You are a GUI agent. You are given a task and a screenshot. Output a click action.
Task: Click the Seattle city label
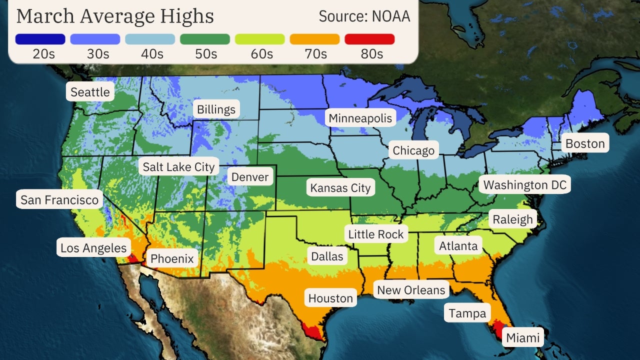pyautogui.click(x=90, y=92)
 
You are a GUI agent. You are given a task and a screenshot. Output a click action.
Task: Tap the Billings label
pyautogui.click(x=216, y=109)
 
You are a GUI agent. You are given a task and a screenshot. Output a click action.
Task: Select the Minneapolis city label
pyautogui.click(x=360, y=118)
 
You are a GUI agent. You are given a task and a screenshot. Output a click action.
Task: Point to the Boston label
pyautogui.click(x=584, y=144)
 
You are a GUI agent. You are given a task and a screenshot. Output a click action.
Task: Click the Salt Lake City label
pyautogui.click(x=178, y=167)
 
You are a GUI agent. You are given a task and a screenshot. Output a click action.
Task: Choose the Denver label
pyautogui.click(x=250, y=177)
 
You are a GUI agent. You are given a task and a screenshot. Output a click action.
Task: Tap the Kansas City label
pyautogui.click(x=340, y=188)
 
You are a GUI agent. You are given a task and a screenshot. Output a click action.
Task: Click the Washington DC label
pyautogui.click(x=524, y=185)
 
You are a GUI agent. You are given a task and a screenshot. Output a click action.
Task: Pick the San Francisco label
pyautogui.click(x=59, y=200)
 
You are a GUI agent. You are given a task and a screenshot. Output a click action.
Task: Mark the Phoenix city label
pyautogui.click(x=172, y=259)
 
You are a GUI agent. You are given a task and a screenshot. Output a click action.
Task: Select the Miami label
pyautogui.click(x=523, y=338)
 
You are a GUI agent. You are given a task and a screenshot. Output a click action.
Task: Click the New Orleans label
pyautogui.click(x=411, y=290)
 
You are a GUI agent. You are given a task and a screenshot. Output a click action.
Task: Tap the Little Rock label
pyautogui.click(x=375, y=234)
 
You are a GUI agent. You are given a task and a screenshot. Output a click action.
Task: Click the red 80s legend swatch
pyautogui.click(x=369, y=39)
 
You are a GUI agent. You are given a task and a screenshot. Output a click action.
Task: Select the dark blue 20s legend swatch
pyautogui.click(x=40, y=39)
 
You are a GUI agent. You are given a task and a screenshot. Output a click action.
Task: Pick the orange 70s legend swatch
pyautogui.click(x=314, y=39)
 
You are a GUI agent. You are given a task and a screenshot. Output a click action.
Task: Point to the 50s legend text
pyautogui.click(x=205, y=54)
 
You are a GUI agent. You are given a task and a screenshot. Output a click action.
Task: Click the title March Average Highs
pyautogui.click(x=115, y=16)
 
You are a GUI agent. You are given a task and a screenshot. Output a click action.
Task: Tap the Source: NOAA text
pyautogui.click(x=364, y=16)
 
